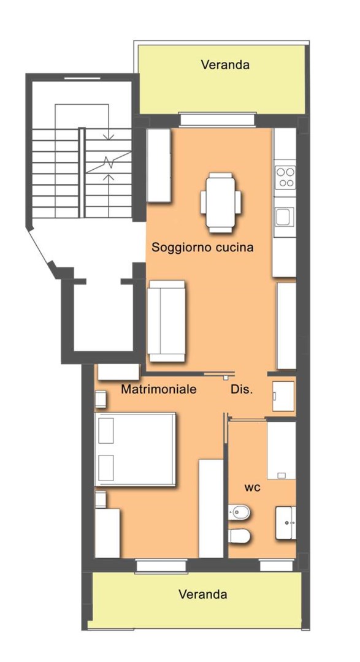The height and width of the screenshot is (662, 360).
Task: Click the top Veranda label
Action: [225, 64]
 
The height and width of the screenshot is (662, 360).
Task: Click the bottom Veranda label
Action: [203, 594]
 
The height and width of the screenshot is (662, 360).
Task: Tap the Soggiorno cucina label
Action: [202, 247]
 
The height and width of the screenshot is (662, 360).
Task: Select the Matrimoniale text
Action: [158, 389]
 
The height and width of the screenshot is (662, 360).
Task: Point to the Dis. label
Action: [242, 389]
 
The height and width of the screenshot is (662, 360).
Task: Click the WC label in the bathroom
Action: [252, 488]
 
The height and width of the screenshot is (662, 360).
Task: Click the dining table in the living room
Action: [221, 202]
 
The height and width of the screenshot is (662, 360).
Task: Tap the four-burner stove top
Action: [285, 177]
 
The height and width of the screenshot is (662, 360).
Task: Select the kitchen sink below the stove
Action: [285, 217]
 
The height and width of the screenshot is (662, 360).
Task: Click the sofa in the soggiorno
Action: [166, 321]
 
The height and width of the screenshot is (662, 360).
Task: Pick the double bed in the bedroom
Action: [135, 449]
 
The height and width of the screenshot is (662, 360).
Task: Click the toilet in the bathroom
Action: [239, 536]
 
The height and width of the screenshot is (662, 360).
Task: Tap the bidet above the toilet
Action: [239, 512]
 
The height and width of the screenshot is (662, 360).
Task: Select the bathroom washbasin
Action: [286, 523]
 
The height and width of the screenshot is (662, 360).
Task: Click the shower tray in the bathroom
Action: [281, 450]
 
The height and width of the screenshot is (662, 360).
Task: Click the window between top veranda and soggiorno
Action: [218, 120]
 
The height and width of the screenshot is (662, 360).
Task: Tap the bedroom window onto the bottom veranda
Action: [161, 566]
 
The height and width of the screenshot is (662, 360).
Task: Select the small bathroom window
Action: [277, 565]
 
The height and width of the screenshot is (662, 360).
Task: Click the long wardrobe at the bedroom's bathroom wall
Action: [211, 508]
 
